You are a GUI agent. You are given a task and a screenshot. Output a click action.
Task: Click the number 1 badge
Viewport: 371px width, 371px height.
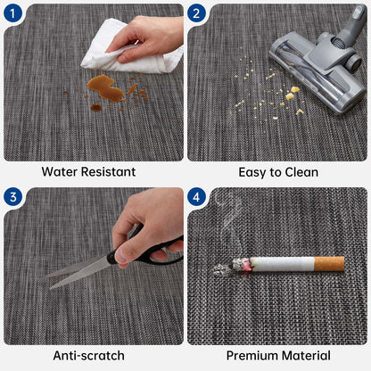tap(12, 13)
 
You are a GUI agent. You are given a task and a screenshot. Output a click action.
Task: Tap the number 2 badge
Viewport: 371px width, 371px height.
tap(196, 13)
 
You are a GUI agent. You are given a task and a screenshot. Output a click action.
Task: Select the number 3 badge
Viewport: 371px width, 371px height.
tap(12, 197)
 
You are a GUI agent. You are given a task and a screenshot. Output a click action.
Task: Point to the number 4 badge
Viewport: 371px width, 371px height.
tap(196, 197)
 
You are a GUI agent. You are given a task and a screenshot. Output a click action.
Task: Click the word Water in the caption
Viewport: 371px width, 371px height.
tap(60, 172)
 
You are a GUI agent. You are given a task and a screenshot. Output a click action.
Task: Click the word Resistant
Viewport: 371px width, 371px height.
tap(108, 172)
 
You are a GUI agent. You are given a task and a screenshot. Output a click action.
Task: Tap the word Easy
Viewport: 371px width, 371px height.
tap(252, 173)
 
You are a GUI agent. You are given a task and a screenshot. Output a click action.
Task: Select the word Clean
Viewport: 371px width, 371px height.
tap(301, 172)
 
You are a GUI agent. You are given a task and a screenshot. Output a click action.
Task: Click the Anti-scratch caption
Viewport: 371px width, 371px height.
tap(88, 356)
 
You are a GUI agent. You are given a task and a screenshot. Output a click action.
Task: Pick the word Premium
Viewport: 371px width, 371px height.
tap(252, 356)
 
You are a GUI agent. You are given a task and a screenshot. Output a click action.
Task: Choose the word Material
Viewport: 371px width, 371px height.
tap(306, 356)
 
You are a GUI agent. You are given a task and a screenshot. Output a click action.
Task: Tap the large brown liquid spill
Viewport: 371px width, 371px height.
tap(104, 88)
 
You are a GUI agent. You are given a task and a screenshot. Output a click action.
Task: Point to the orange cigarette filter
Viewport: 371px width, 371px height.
tap(329, 264)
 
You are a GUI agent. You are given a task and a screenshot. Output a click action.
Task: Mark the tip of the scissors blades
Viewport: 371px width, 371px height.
tap(51, 288)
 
